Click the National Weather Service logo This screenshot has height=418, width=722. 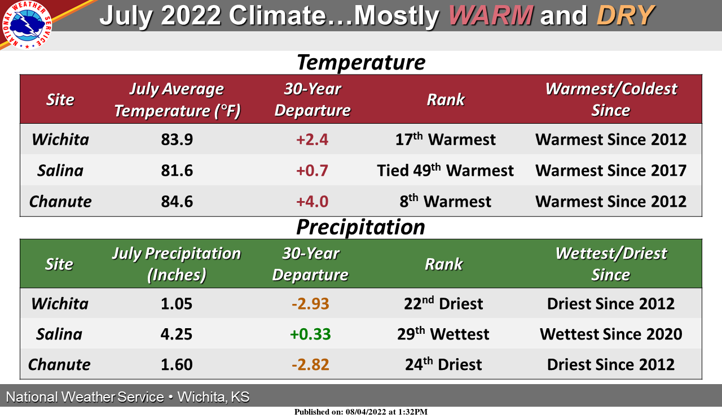pyautogui.click(x=27, y=25)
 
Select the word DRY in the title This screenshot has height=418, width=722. pyautogui.click(x=625, y=15)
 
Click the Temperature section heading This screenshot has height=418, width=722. pyautogui.click(x=360, y=62)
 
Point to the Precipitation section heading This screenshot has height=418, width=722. pyautogui.click(x=360, y=227)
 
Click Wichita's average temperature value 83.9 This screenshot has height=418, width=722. pyautogui.click(x=177, y=140)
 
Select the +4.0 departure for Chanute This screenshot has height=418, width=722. pyautogui.click(x=312, y=202)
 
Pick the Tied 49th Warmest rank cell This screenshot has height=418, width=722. pyautogui.click(x=445, y=171)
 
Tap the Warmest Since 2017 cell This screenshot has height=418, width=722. pyautogui.click(x=610, y=171)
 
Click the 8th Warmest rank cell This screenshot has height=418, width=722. pyautogui.click(x=445, y=202)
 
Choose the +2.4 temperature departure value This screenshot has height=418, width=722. pyautogui.click(x=312, y=140)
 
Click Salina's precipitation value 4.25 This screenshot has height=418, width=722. pyautogui.click(x=177, y=334)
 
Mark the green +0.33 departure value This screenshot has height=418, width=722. pyautogui.click(x=310, y=334)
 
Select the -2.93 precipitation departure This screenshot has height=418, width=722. pyautogui.click(x=310, y=304)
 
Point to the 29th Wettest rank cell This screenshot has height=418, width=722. pyautogui.click(x=443, y=334)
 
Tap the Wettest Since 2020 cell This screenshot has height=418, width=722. pyautogui.click(x=610, y=334)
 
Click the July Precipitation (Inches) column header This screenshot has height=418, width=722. pyautogui.click(x=177, y=264)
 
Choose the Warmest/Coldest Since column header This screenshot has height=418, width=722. pyautogui.click(x=610, y=99)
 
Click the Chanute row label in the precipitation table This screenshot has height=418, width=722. pyautogui.click(x=59, y=365)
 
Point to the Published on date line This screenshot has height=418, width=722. pyautogui.click(x=360, y=412)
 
